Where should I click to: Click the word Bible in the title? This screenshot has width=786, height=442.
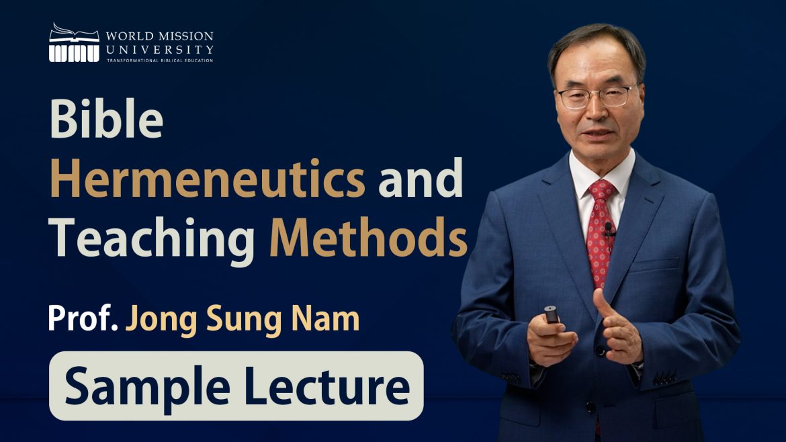[x=106, y=119]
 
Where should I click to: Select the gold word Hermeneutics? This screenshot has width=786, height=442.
[x=208, y=179]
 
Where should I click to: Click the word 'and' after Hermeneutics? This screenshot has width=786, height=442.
[x=420, y=178]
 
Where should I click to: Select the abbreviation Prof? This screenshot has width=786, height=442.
[x=83, y=318]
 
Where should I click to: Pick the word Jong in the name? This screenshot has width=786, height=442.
[x=161, y=319]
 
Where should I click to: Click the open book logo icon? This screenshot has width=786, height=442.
[x=74, y=42]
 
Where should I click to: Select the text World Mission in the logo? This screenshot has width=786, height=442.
[x=159, y=36]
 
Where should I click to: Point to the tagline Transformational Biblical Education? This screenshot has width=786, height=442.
[x=160, y=60]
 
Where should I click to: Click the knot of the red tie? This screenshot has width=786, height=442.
[x=601, y=190]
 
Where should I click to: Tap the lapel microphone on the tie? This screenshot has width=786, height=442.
[x=609, y=229]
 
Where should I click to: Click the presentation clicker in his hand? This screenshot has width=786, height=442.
[x=552, y=314]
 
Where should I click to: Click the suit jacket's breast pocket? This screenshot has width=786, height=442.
[x=654, y=265]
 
